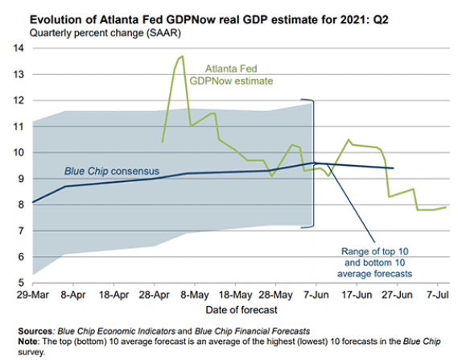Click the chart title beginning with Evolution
[209, 20]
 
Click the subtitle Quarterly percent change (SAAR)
[105, 33]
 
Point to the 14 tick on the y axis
[18, 48]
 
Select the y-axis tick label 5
[21, 283]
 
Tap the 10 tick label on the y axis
[18, 152]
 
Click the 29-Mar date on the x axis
[32, 295]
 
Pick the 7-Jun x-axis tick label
[316, 295]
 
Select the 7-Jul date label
[437, 295]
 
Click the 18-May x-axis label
[235, 295]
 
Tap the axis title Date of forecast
[241, 310]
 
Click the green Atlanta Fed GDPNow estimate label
[231, 75]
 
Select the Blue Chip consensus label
[112, 172]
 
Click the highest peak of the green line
[183, 56]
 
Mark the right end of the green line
[446, 207]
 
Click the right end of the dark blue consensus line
[393, 168]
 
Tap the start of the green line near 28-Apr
[162, 143]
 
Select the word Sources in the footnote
[35, 331]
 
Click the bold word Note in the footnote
[27, 341]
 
